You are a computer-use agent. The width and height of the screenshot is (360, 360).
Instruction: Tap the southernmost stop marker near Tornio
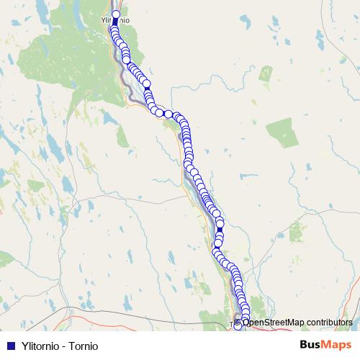pyautogui.click(x=239, y=325)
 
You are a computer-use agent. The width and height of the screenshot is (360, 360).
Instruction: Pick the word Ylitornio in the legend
pyautogui.click(x=39, y=346)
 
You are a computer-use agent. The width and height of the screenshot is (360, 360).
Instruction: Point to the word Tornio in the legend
pyautogui.click(x=83, y=346)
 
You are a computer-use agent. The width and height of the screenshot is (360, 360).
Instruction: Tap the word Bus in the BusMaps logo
pyautogui.click(x=310, y=345)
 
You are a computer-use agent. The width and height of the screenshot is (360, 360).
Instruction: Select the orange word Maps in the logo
pyautogui.click(x=337, y=345)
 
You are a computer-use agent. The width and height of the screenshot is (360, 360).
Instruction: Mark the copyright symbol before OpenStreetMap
pyautogui.click(x=238, y=323)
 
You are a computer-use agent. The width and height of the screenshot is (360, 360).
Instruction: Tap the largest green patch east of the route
pyautogui.click(x=282, y=133)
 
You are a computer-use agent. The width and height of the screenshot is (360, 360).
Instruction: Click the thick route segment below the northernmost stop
pyautogui.click(x=115, y=22)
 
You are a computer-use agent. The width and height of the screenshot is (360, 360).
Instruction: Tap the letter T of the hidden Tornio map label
pyautogui.click(x=231, y=325)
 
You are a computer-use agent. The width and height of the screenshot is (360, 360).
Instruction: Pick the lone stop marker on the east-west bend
pyautogui.click(x=168, y=114)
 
